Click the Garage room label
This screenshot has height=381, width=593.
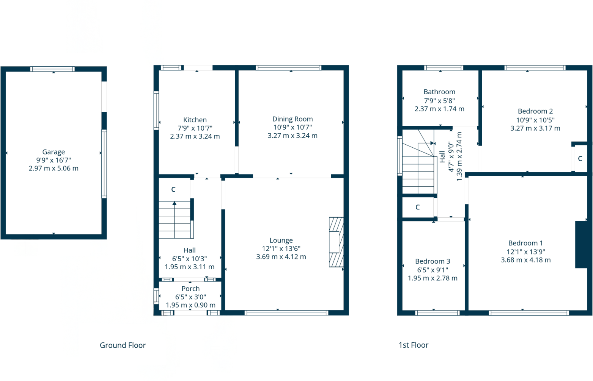coord(53,152)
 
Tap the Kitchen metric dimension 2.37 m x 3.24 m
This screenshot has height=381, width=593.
coord(195,136)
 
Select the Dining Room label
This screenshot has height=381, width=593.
coord(293,119)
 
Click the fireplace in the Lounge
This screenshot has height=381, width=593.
coord(336,242)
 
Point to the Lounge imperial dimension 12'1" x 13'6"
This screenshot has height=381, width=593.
coord(281,249)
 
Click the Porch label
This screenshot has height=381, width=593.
coord(190,289)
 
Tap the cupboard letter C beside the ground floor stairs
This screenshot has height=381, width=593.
coord(173,189)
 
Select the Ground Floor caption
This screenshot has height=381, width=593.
coord(123,345)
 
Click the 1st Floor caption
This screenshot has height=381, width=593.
coord(414,345)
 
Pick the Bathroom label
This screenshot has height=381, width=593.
coord(439,92)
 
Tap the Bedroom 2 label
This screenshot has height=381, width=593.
coord(535,111)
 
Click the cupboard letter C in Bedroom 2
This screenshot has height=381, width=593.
coord(580,159)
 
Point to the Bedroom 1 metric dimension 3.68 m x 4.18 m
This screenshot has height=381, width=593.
coord(526,260)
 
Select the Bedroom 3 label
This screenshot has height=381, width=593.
coord(433,261)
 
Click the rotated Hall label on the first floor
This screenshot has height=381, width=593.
coord(442,156)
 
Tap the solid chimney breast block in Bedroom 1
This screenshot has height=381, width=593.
coord(581,245)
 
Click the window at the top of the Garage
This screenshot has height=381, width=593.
coord(52,69)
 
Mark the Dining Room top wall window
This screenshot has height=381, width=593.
coord(289,68)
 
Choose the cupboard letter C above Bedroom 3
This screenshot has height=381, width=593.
coord(418,207)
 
